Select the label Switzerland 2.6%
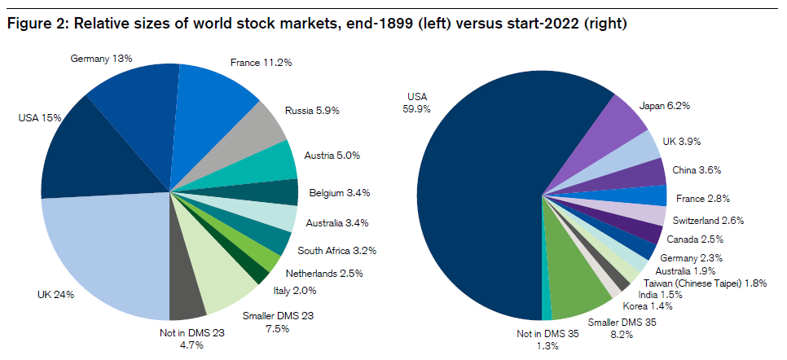[707, 220]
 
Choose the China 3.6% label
[697, 170]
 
